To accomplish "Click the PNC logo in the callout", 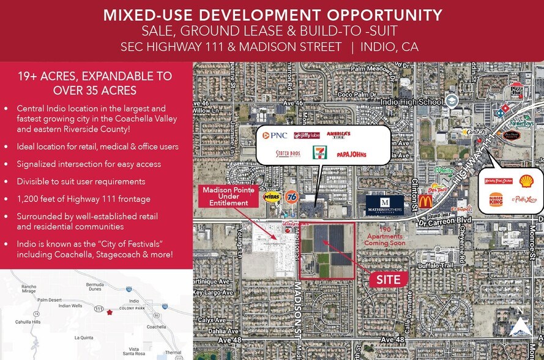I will click(275, 135).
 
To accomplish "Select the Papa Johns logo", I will click(351, 154).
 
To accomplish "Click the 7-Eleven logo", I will click(319, 152).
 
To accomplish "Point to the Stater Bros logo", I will click(287, 154).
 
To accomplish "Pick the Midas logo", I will click(272, 197).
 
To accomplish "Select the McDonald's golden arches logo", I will click(425, 201).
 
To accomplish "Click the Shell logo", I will click(526, 181).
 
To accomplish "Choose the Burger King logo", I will click(496, 200).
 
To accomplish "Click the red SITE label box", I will click(388, 279).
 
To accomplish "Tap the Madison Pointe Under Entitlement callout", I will click(226, 197).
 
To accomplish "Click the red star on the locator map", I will click(110, 312).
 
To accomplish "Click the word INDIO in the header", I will click(382, 47).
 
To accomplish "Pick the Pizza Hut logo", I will click(516, 91).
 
